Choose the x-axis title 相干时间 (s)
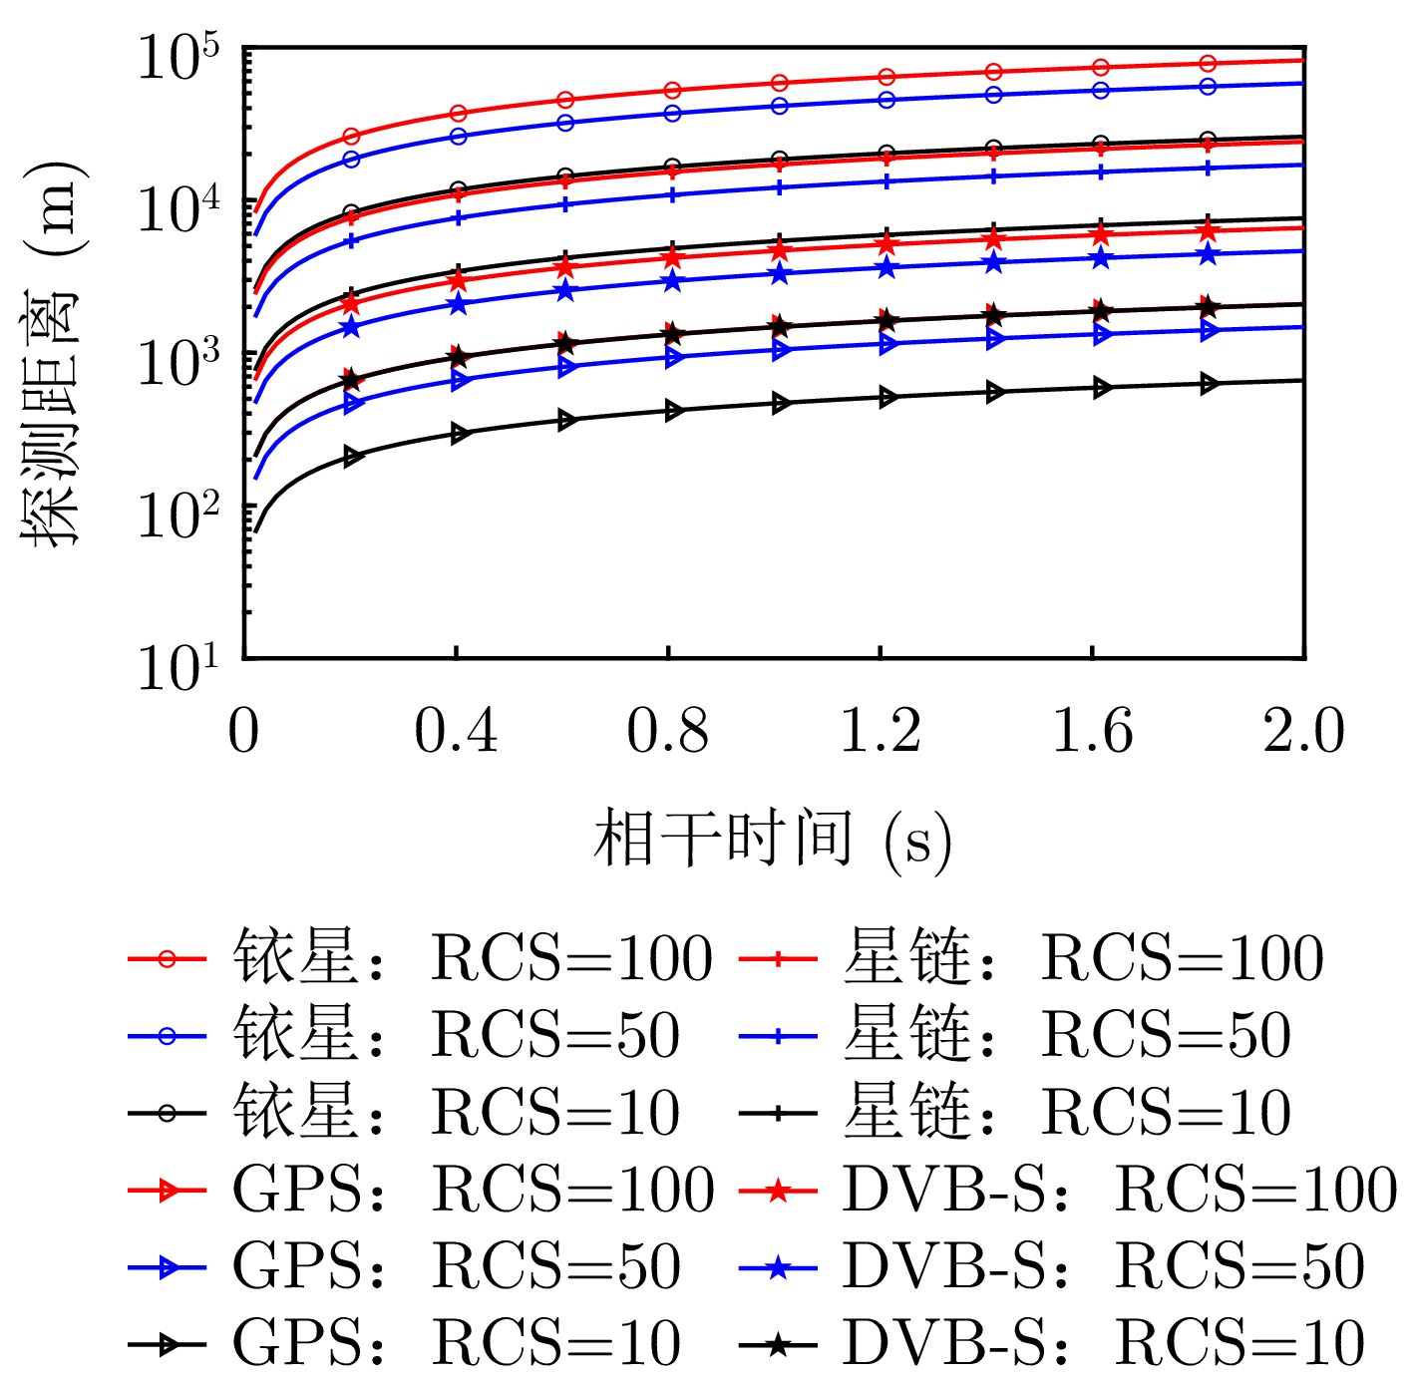[773, 839]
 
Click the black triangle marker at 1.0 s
[781, 403]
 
